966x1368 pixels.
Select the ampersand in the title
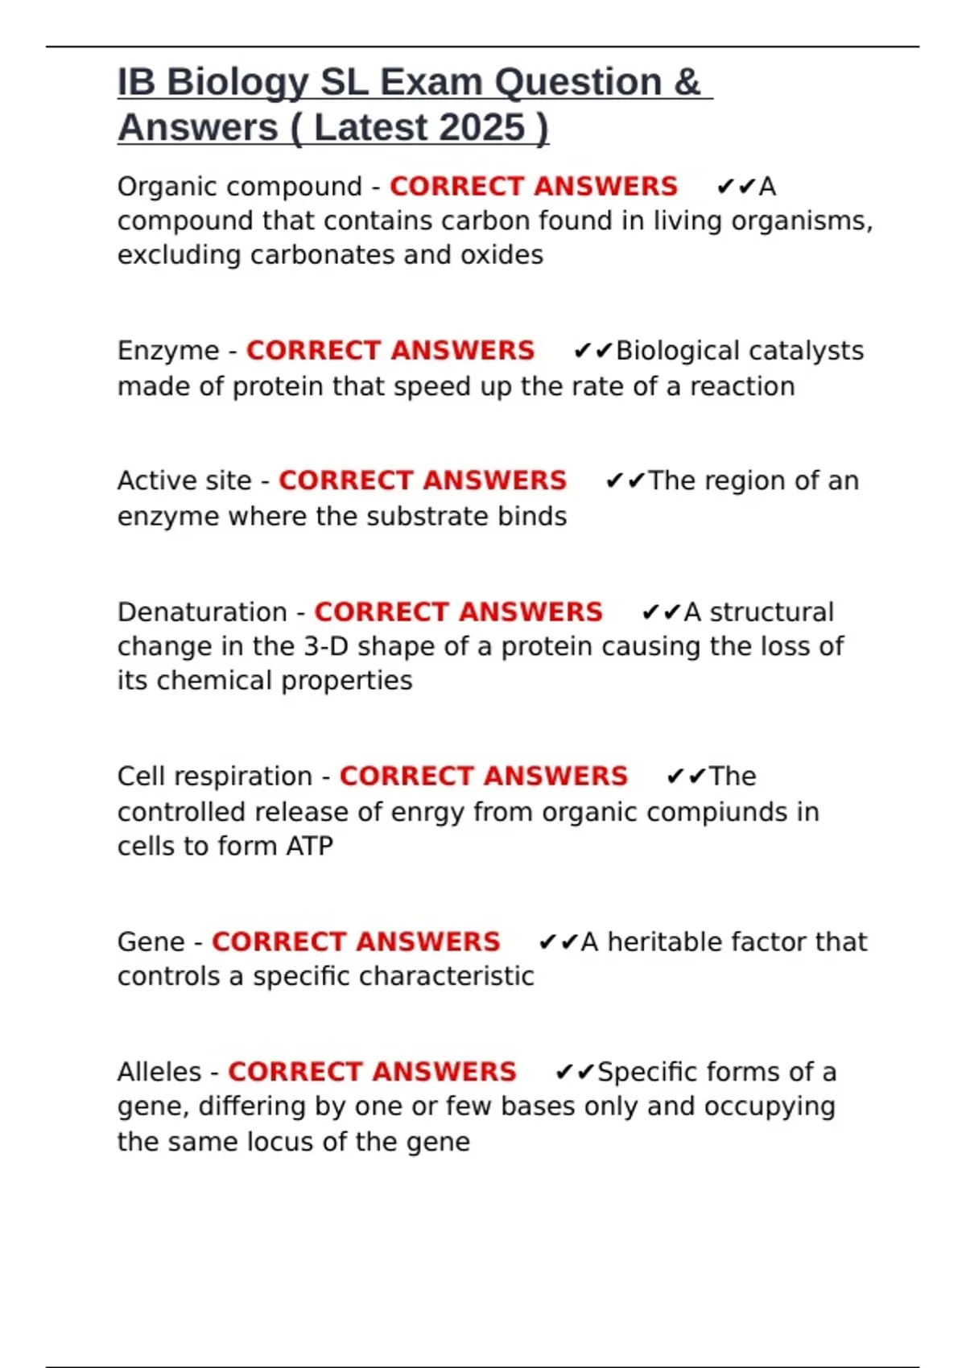coord(687,83)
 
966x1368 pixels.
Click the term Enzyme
coord(168,351)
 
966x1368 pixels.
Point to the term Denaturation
coord(202,612)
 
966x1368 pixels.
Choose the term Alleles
coord(159,1072)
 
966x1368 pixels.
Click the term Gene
coord(151,942)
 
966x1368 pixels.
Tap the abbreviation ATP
coord(309,846)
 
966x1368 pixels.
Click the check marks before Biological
coord(593,351)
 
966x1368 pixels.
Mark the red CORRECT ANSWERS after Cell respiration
coord(483,777)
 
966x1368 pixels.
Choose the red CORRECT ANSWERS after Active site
coord(423,480)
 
